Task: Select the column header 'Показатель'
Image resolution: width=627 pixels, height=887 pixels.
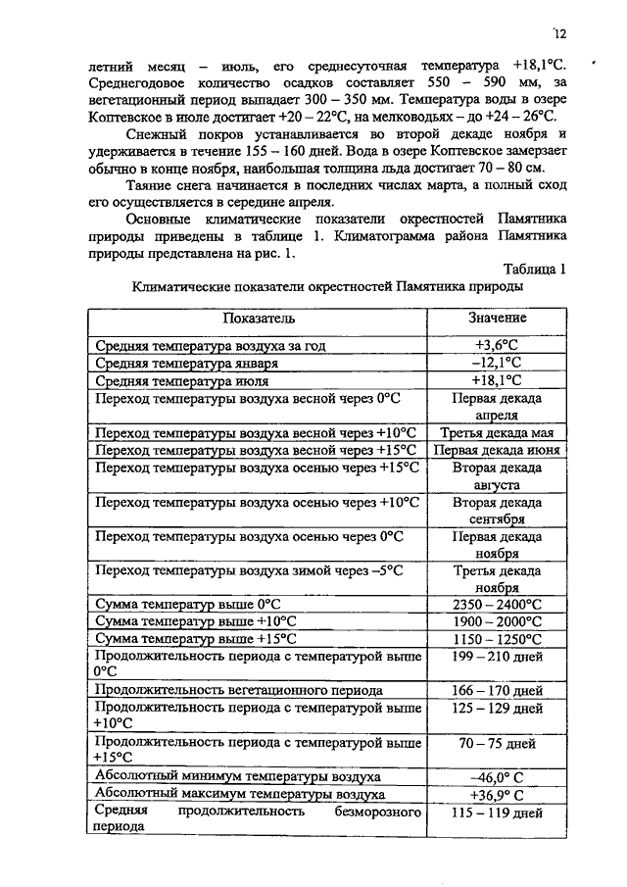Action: point(258,319)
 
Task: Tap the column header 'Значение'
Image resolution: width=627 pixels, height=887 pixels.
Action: point(497,318)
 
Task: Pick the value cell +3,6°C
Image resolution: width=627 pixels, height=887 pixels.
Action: point(497,345)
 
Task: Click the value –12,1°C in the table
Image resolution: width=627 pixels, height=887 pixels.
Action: point(497,363)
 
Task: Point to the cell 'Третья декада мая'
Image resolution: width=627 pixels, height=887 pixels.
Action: point(498,432)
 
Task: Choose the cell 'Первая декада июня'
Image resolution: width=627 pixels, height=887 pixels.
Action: point(498,450)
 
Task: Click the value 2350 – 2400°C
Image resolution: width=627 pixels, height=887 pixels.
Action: point(498,605)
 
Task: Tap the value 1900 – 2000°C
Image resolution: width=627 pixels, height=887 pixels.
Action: point(498,621)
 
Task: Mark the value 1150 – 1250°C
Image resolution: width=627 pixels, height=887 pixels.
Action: point(498,639)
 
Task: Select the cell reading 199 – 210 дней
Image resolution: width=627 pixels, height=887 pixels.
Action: point(498,656)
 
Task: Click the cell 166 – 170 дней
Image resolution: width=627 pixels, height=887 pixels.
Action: point(498,690)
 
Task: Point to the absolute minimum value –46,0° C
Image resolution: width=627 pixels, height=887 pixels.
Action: point(497,777)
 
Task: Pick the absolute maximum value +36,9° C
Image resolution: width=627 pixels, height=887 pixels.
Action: point(497,794)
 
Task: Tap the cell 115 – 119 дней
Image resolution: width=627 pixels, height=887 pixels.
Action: point(498,813)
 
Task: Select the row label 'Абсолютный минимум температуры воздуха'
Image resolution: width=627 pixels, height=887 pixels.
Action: point(237,777)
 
